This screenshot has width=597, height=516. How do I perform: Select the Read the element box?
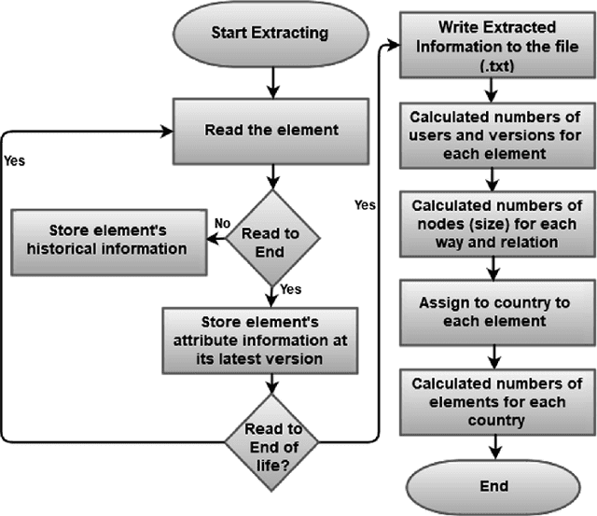pyautogui.click(x=270, y=129)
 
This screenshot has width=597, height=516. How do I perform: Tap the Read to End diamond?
pyautogui.click(x=270, y=239)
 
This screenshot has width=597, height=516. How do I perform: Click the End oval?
pyautogui.click(x=495, y=485)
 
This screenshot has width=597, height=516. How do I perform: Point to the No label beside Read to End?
pyautogui.click(x=223, y=225)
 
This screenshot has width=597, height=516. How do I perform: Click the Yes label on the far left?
pyautogui.click(x=16, y=160)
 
